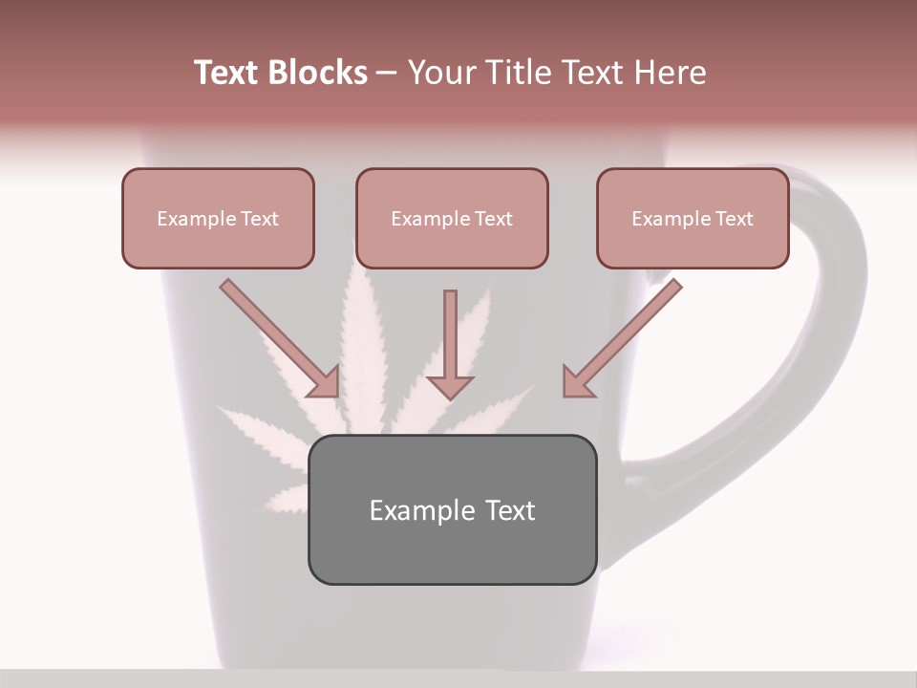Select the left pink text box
pyautogui.click(x=218, y=218)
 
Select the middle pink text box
pyautogui.click(x=452, y=218)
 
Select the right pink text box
pyautogui.click(x=693, y=218)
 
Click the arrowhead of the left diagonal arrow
pyautogui.click(x=325, y=381)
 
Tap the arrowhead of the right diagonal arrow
pyautogui.click(x=577, y=381)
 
